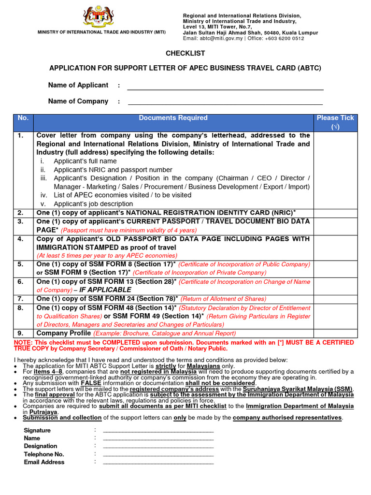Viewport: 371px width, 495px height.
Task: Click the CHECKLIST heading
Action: (185, 53)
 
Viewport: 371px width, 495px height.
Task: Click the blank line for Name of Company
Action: (225, 103)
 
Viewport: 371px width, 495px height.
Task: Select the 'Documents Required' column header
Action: (173, 118)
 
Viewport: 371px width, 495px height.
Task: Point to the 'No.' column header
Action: (23, 118)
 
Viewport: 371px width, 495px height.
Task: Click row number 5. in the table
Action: (21, 264)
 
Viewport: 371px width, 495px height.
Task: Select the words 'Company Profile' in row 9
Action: (63, 333)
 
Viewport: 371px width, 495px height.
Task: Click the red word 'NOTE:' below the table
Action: (24, 342)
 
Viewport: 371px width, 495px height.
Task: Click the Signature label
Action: (37, 430)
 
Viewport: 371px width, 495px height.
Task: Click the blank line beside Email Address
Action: (158, 463)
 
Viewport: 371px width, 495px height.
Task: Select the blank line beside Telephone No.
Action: (158, 455)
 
